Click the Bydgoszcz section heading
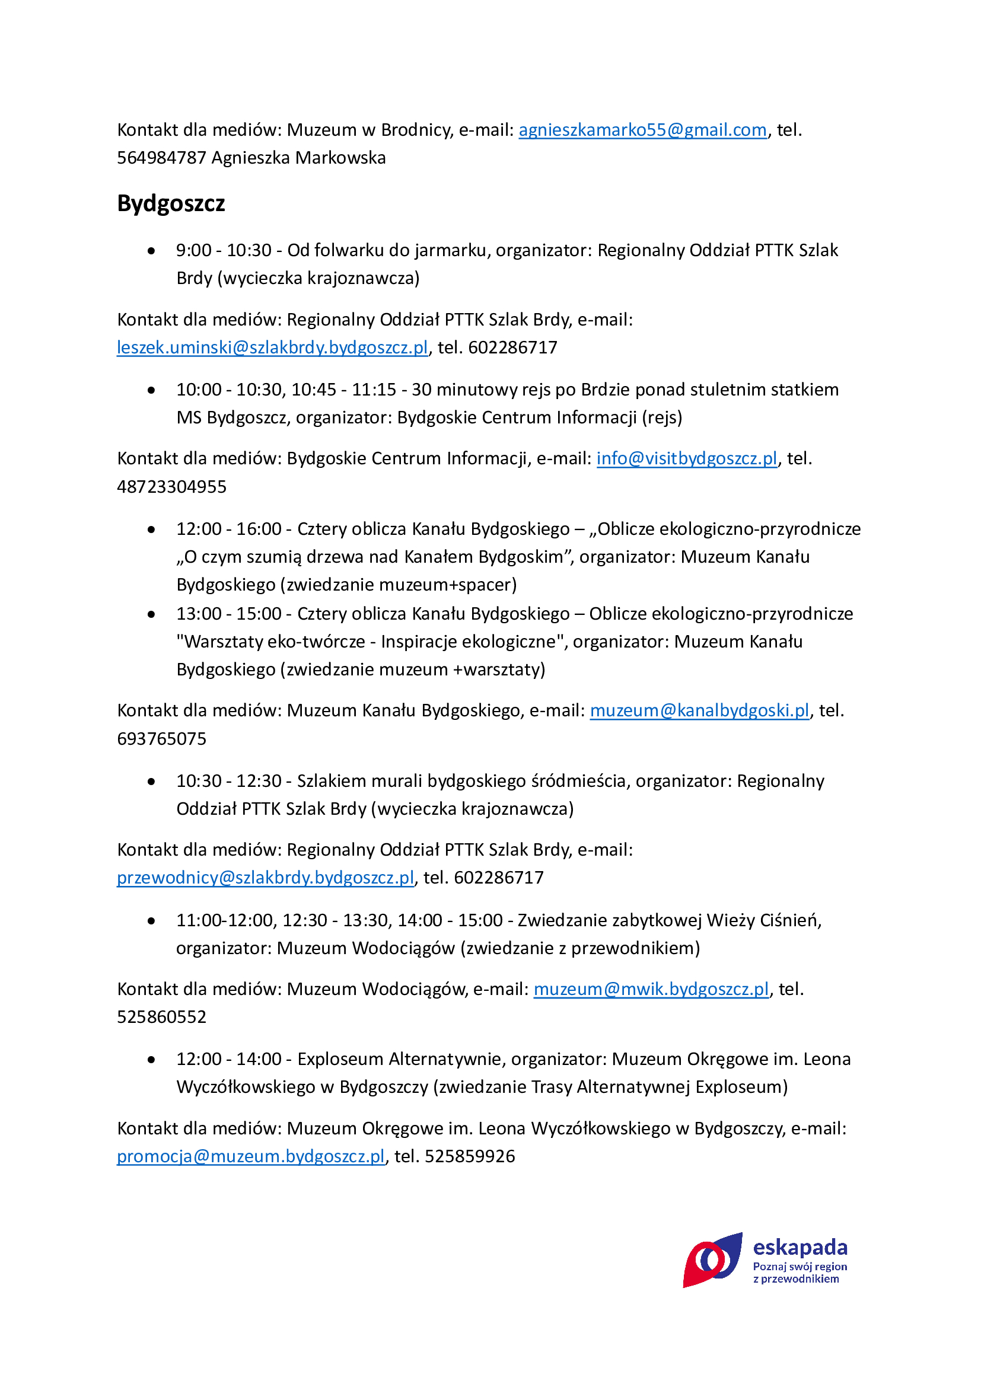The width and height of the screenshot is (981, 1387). click(x=171, y=203)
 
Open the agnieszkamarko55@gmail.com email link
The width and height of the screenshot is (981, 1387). click(x=642, y=130)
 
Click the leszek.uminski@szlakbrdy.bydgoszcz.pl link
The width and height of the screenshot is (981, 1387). click(x=272, y=347)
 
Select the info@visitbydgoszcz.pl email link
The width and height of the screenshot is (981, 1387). click(x=687, y=458)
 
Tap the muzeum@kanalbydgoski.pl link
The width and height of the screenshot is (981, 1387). click(x=699, y=710)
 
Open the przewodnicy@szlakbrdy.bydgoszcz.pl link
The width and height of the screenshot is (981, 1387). click(x=266, y=877)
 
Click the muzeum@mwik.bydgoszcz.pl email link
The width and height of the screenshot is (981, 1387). click(x=651, y=989)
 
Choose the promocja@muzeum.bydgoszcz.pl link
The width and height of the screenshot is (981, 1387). click(x=251, y=1156)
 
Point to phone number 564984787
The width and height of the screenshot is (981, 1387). click(x=161, y=158)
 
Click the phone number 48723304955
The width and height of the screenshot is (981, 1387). click(x=171, y=487)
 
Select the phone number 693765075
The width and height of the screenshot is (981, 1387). click(x=161, y=739)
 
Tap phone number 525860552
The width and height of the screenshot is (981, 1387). click(x=161, y=1017)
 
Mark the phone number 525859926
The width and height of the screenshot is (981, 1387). click(x=470, y=1156)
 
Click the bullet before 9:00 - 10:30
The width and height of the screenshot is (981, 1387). click(x=151, y=251)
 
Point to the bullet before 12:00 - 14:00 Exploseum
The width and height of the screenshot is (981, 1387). click(x=151, y=1060)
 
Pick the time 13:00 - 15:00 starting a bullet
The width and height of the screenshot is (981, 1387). click(x=229, y=614)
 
